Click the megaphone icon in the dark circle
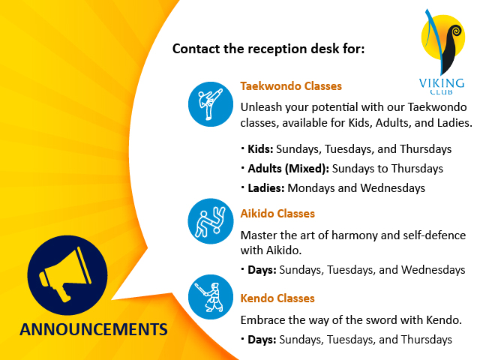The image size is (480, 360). tap(65, 275)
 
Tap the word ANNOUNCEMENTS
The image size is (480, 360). tap(94, 329)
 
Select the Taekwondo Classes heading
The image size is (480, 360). tap(291, 86)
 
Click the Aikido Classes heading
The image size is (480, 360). tap(277, 213)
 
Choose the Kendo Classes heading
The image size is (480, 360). tap(277, 298)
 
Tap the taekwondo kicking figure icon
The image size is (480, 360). tap(211, 104)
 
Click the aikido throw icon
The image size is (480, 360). tap(211, 221)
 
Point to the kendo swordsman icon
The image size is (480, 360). tap(211, 297)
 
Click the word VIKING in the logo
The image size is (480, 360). tap(442, 83)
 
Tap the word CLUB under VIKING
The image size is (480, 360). tap(442, 91)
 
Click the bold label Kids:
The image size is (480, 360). tap(260, 149)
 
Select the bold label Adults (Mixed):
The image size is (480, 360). tap(288, 169)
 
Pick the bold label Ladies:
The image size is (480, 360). tap(266, 188)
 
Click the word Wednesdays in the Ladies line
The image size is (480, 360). tap(393, 188)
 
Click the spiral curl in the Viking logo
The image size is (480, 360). tap(455, 31)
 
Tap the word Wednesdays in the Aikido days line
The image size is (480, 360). tap(433, 270)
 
